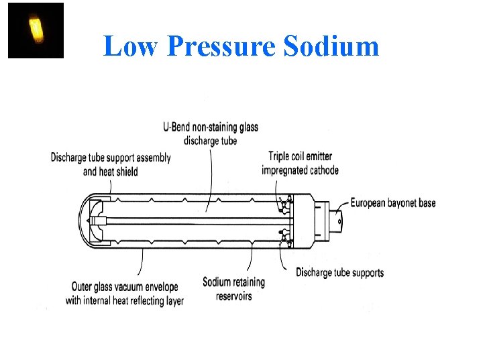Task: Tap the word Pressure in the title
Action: (x=221, y=46)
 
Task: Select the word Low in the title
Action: (x=131, y=46)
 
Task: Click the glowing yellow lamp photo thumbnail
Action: (x=35, y=30)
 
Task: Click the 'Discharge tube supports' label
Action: (x=339, y=272)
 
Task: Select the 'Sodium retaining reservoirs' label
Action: (x=233, y=288)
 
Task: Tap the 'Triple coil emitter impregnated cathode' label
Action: (x=300, y=163)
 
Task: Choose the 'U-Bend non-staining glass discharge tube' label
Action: (x=210, y=133)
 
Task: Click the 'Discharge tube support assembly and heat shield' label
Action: (x=111, y=164)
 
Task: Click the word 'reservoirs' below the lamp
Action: (x=233, y=296)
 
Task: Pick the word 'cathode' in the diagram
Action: (x=322, y=170)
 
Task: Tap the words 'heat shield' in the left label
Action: (x=119, y=172)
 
